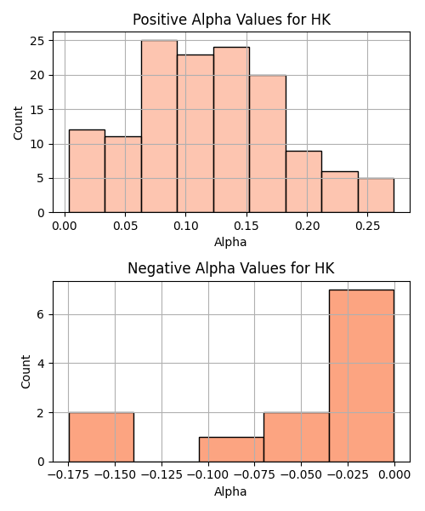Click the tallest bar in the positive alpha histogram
pyautogui.click(x=159, y=126)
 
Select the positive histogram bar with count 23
pyautogui.click(x=195, y=134)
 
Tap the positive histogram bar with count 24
pyautogui.click(x=231, y=129)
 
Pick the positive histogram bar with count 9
pyautogui.click(x=304, y=182)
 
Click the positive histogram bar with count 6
pyautogui.click(x=340, y=192)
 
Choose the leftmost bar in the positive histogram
pyautogui.click(x=88, y=171)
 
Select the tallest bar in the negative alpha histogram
pyautogui.click(x=361, y=376)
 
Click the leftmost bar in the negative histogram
pyautogui.click(x=101, y=438)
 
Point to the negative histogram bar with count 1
pyautogui.click(x=231, y=450)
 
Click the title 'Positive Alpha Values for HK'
pyautogui.click(x=231, y=20)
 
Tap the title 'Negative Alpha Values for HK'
pyautogui.click(x=231, y=268)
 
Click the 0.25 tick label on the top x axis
pyautogui.click(x=367, y=226)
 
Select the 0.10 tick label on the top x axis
pyautogui.click(x=185, y=226)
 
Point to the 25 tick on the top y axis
pyautogui.click(x=37, y=41)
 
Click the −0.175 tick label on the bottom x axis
pyautogui.click(x=68, y=475)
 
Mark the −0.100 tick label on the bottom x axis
pyautogui.click(x=208, y=475)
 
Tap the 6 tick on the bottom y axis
pyautogui.click(x=41, y=314)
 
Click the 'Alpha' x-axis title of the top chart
pyautogui.click(x=230, y=242)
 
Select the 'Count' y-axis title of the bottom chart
pyautogui.click(x=25, y=372)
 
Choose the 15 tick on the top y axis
pyautogui.click(x=37, y=110)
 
